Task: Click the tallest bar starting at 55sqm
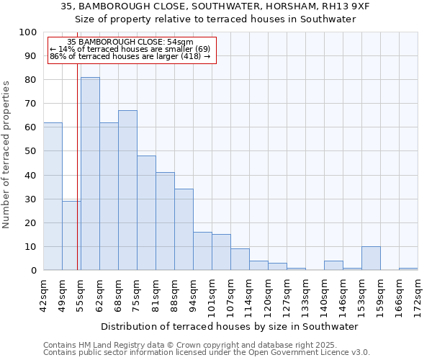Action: click(x=90, y=174)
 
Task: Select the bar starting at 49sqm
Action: click(x=71, y=235)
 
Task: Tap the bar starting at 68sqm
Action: click(x=127, y=190)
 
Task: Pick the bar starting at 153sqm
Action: click(x=371, y=258)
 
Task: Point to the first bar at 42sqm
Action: click(x=53, y=197)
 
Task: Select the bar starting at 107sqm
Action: click(x=240, y=259)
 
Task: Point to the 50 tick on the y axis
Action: click(x=31, y=151)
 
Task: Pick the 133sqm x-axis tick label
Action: click(x=305, y=293)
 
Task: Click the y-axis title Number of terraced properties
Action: click(x=7, y=154)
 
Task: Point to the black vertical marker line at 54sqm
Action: click(x=77, y=166)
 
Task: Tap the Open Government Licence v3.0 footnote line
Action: click(x=206, y=353)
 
